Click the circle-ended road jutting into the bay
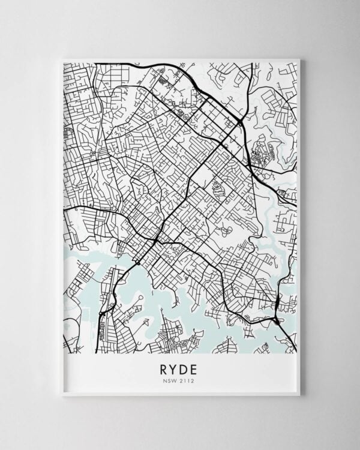pyautogui.click(x=137, y=298)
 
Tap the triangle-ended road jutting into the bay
pyautogui.click(x=145, y=322)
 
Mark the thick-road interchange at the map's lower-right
pyautogui.click(x=277, y=320)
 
